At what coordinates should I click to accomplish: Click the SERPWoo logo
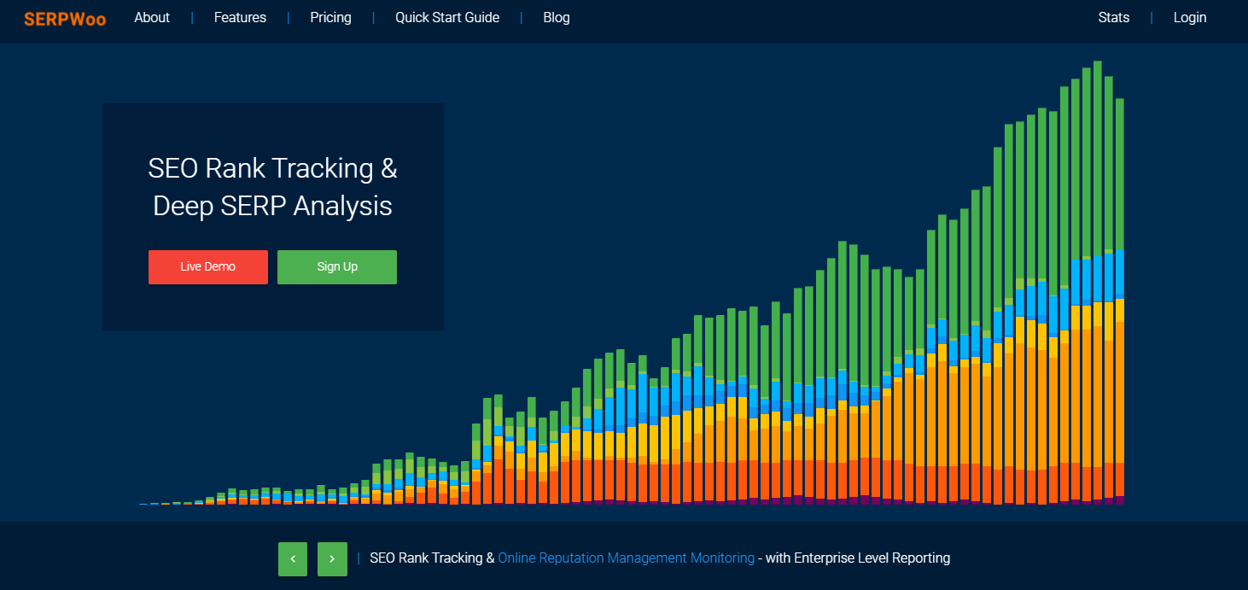[x=65, y=19]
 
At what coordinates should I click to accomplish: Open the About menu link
[x=152, y=18]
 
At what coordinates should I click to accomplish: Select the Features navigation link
[x=240, y=18]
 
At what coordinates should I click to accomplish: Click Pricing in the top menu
[x=330, y=18]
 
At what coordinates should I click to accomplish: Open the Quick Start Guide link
[x=446, y=18]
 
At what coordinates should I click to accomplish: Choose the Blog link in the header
[x=556, y=18]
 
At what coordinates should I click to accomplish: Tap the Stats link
[x=1113, y=18]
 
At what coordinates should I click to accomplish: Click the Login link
[x=1189, y=18]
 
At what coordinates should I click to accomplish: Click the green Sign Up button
[x=337, y=267]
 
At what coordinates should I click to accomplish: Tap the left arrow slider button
[x=293, y=558]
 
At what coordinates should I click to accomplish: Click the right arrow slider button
[x=332, y=558]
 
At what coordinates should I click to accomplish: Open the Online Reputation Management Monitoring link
[x=627, y=558]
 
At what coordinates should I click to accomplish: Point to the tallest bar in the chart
[x=1098, y=283]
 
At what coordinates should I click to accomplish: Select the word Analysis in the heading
[x=342, y=207]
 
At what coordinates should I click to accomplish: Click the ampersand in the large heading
[x=389, y=168]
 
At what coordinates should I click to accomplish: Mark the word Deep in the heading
[x=184, y=207]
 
